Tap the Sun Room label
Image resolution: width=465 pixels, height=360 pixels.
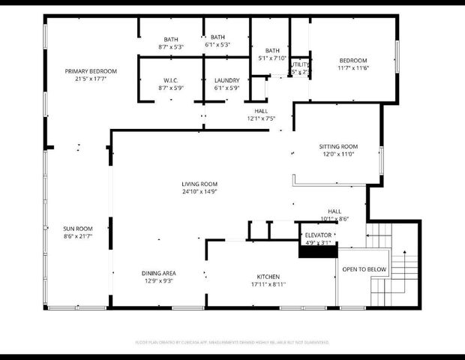pyautogui.click(x=77, y=228)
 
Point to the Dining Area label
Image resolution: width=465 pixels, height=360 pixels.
pyautogui.click(x=158, y=274)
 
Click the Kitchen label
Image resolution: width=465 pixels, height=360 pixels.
pyautogui.click(x=268, y=276)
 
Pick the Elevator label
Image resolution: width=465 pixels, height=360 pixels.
pyautogui.click(x=319, y=235)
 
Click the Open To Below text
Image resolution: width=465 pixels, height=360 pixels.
pyautogui.click(x=364, y=269)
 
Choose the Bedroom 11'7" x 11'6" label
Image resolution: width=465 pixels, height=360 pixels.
pyautogui.click(x=352, y=61)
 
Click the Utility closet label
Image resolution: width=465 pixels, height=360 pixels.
pyautogui.click(x=300, y=65)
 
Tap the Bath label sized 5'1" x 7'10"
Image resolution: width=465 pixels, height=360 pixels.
pyautogui.click(x=271, y=50)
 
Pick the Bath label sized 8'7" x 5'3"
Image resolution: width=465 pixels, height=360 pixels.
pyautogui.click(x=171, y=40)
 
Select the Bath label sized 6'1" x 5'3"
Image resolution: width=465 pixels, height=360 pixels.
pyautogui.click(x=217, y=37)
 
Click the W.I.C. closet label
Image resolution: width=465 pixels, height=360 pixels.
pyautogui.click(x=170, y=80)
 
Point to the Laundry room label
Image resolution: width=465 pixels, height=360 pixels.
pyautogui.click(x=226, y=80)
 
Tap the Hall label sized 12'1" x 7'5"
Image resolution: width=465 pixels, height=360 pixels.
pyautogui.click(x=261, y=111)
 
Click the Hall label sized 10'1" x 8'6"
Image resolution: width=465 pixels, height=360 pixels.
pyautogui.click(x=334, y=211)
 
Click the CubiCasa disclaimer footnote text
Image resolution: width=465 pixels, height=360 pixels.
pyautogui.click(x=232, y=341)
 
